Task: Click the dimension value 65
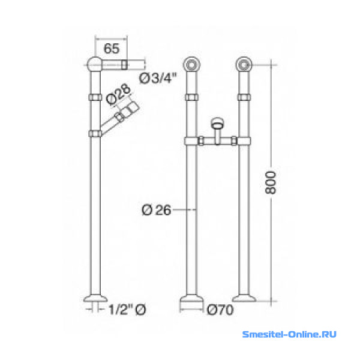pyautogui.click(x=112, y=49)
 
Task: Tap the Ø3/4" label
pyautogui.click(x=158, y=78)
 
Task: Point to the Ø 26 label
pyautogui.click(x=157, y=210)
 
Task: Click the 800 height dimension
pyautogui.click(x=270, y=183)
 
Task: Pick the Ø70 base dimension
pyautogui.click(x=220, y=310)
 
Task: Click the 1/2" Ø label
pyautogui.click(x=127, y=310)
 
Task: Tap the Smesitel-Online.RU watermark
pyautogui.click(x=289, y=334)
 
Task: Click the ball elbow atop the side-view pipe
pyautogui.click(x=94, y=65)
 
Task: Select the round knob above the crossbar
pyautogui.click(x=217, y=123)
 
